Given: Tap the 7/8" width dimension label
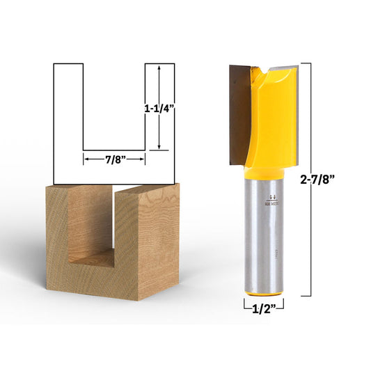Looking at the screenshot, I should (115, 159).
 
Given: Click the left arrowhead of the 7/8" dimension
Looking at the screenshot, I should (87, 159).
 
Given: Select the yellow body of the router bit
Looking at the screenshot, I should (275, 118).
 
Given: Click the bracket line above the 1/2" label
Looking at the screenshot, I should (264, 300).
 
